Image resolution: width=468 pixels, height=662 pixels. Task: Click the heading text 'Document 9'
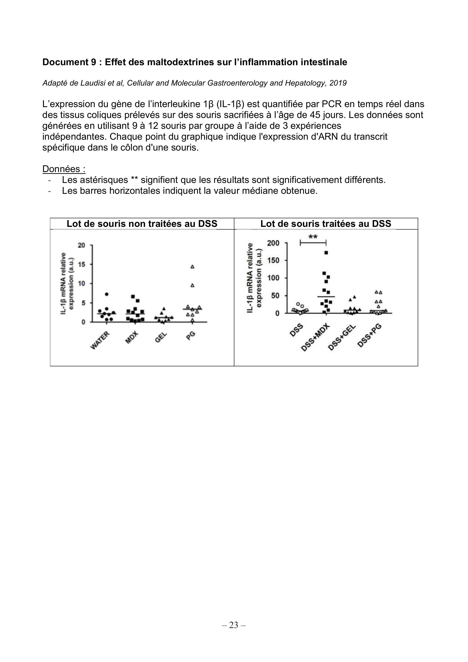[x=69, y=62]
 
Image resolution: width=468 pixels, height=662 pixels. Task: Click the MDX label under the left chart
[x=132, y=337]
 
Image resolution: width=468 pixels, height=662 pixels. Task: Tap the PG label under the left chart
[x=191, y=335]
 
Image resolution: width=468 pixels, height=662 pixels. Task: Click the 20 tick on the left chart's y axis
[x=81, y=245]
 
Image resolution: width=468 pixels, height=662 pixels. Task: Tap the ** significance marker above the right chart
[x=313, y=237]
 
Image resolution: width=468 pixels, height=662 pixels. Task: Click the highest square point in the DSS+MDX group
[x=326, y=253]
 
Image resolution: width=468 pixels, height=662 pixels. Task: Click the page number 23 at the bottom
[x=234, y=625]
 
